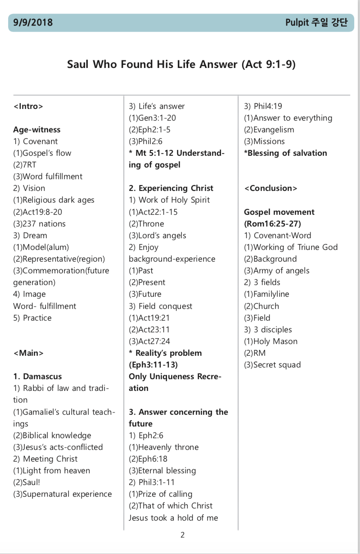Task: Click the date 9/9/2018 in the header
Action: (x=33, y=23)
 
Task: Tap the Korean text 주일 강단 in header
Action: (x=329, y=23)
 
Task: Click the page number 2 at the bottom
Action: (x=182, y=535)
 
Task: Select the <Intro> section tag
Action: (x=28, y=106)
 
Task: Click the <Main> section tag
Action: (x=28, y=353)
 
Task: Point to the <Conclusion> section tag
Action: (x=270, y=188)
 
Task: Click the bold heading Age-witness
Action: (x=37, y=130)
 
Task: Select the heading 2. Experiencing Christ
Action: (x=171, y=188)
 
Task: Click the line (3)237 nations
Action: (x=40, y=224)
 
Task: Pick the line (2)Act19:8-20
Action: (x=38, y=212)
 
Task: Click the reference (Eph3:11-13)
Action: (x=153, y=365)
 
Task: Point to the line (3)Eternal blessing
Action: (x=162, y=471)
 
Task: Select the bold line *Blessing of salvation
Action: (x=285, y=153)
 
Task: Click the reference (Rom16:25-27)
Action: (x=272, y=224)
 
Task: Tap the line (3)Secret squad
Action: (x=272, y=365)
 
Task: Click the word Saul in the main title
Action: (x=78, y=64)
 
